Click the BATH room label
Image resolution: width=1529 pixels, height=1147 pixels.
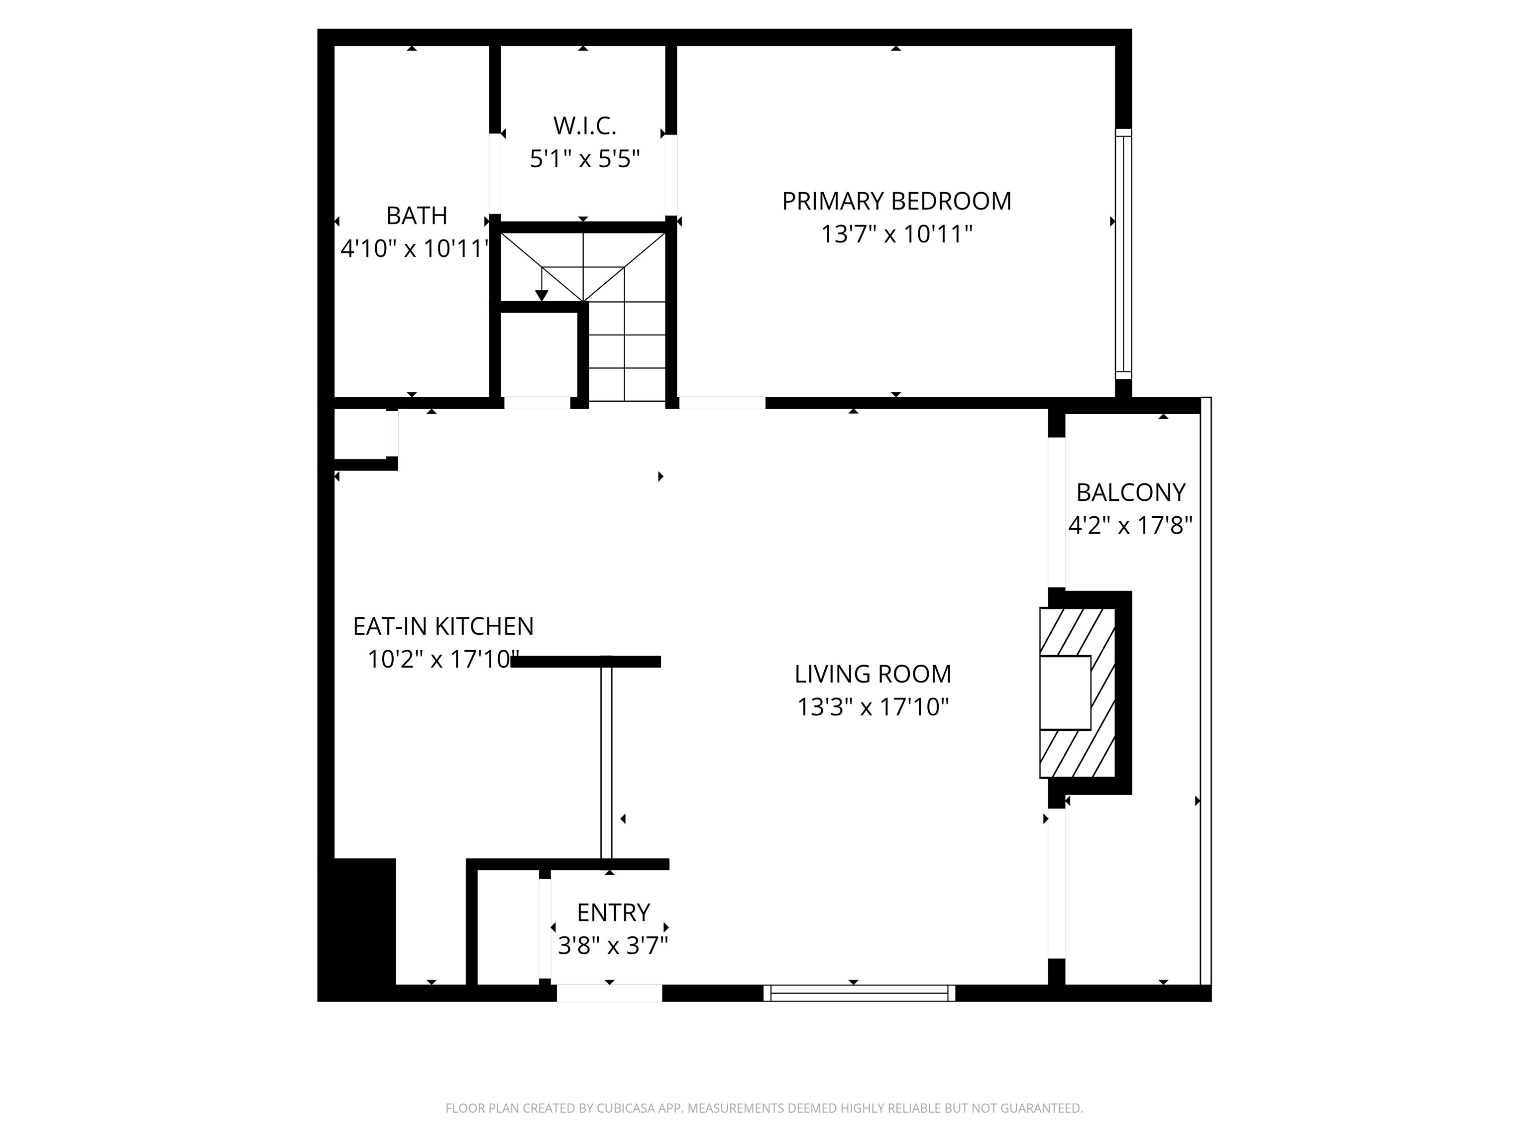416,216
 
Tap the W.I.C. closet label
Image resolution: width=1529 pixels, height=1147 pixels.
584,126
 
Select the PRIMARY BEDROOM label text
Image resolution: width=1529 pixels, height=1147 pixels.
896,201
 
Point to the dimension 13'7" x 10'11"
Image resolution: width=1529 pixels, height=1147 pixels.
896,235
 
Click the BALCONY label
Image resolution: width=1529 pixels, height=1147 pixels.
1130,492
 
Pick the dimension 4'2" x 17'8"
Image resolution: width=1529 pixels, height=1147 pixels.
1130,526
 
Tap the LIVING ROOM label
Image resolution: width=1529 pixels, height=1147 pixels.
873,674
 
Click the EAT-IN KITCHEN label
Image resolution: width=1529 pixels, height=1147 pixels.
443,626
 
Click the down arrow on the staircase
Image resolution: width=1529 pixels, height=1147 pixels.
541,293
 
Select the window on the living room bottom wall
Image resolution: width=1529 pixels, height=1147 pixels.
859,993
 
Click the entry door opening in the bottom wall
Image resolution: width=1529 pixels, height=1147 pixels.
609,993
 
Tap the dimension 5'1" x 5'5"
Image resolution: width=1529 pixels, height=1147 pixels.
584,160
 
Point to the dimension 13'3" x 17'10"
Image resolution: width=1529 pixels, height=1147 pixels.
873,707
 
